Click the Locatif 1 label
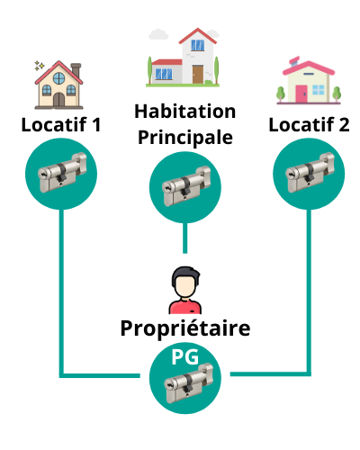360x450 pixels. [x=61, y=124]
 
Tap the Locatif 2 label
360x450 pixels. [x=309, y=124]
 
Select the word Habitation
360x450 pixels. [x=185, y=112]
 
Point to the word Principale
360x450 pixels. [x=185, y=138]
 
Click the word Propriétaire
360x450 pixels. [x=185, y=328]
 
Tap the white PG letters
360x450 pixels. [x=185, y=357]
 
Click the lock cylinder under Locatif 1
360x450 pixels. [x=62, y=172]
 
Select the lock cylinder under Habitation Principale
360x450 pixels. [x=186, y=186]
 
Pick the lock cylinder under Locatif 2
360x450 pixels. [x=310, y=172]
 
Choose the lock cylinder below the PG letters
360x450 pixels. [x=188, y=383]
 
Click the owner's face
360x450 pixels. [x=185, y=287]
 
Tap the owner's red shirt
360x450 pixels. [x=185, y=307]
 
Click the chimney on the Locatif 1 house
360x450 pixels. [x=76, y=70]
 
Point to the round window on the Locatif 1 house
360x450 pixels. [x=58, y=78]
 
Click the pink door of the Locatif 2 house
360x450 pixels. [x=301, y=94]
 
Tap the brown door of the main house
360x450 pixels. [x=198, y=74]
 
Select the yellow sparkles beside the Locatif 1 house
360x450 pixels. [x=39, y=66]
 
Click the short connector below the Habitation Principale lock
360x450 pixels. [x=185, y=238]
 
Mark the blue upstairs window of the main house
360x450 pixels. [x=198, y=45]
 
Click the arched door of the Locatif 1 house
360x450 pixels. [x=58, y=99]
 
